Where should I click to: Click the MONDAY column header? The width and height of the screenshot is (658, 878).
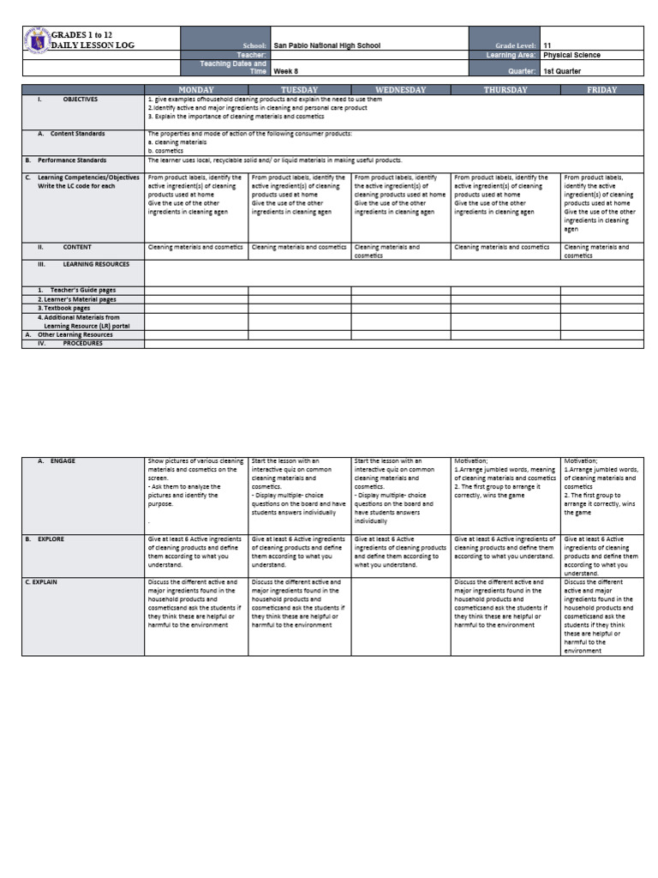pos(195,89)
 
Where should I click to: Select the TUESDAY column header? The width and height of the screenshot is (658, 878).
pos(299,89)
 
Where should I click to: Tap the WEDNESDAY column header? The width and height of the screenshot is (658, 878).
pos(400,89)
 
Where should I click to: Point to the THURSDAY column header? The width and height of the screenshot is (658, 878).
pos(505,89)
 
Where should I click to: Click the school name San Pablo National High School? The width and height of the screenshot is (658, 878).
pos(326,45)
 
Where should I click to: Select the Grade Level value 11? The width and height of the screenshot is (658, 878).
pos(547,45)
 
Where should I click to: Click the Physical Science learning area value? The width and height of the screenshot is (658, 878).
pos(571,55)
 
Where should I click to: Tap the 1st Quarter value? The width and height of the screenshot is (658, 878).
pos(565,72)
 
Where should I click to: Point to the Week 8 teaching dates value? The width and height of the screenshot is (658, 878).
pos(286,72)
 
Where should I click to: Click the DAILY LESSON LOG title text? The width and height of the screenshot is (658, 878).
pos(93,45)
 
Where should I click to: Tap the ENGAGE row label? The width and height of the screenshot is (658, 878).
pos(62,460)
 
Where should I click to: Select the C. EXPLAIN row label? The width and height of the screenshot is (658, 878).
pos(53,582)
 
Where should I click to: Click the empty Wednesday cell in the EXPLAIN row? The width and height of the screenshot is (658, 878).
pos(400,616)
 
